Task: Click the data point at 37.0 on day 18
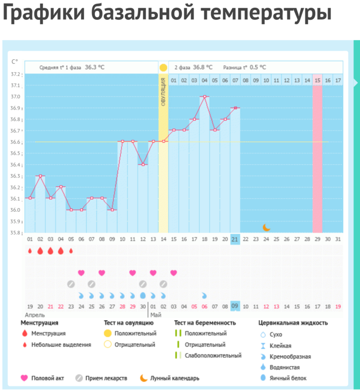(204, 96)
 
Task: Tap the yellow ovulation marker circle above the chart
(163, 67)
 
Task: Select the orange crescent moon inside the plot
(266, 227)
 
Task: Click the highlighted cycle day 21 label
(235, 239)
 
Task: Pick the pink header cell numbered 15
(317, 80)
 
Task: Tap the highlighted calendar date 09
(235, 306)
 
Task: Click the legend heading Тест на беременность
(205, 323)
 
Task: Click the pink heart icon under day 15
(174, 273)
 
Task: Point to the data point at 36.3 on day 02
(40, 176)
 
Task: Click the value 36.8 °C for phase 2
(202, 67)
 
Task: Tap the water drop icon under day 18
(204, 295)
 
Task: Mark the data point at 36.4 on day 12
(143, 164)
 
